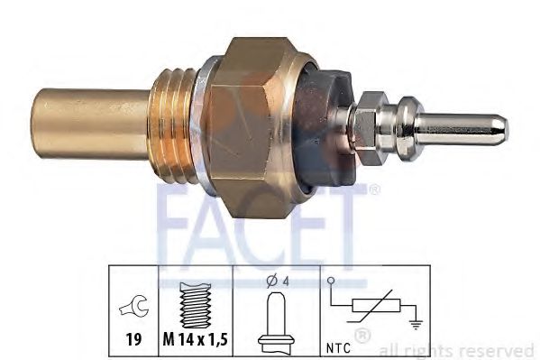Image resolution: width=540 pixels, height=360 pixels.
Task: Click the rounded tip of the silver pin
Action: coord(501,129)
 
